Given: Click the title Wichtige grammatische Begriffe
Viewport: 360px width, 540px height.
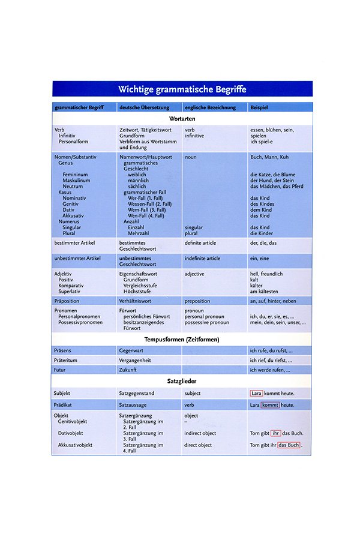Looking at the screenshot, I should pyautogui.click(x=182, y=89).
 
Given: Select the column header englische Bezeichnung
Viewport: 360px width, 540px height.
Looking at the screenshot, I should pyautogui.click(x=208, y=107).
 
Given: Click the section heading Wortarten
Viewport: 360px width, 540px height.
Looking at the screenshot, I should pyautogui.click(x=182, y=119).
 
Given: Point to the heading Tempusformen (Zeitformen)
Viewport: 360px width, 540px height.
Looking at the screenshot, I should pyautogui.click(x=182, y=340).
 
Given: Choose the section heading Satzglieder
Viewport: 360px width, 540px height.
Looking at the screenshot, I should pyautogui.click(x=182, y=381).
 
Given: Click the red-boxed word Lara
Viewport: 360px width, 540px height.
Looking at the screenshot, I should pyautogui.click(x=256, y=394).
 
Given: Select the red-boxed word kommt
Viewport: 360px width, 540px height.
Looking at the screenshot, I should pyautogui.click(x=271, y=406).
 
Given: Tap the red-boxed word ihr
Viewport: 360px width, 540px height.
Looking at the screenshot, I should pyautogui.click(x=276, y=433).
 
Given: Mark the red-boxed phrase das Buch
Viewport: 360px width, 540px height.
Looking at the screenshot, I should pyautogui.click(x=289, y=446).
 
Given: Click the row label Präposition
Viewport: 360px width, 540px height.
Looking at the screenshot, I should pyautogui.click(x=68, y=301).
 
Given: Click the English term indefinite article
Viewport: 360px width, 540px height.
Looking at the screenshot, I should pyautogui.click(x=202, y=259).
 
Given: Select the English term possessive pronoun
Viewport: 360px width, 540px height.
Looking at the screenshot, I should pyautogui.click(x=206, y=323).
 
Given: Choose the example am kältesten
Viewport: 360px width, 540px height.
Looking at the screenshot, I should pyautogui.click(x=265, y=292).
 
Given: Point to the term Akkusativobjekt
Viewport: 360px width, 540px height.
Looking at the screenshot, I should pyautogui.click(x=79, y=445).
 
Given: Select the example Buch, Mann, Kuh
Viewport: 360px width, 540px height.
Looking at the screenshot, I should pyautogui.click(x=269, y=157).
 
